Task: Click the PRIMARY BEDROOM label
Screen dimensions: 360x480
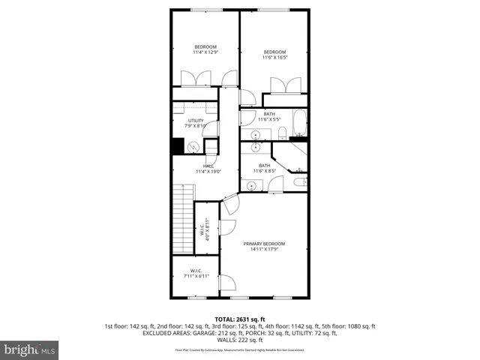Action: pyautogui.click(x=264, y=244)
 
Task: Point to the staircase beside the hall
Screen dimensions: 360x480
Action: pyautogui.click(x=181, y=221)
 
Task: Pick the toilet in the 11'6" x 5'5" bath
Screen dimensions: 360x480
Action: pyautogui.click(x=281, y=133)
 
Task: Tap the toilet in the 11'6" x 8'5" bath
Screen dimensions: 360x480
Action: pyautogui.click(x=298, y=181)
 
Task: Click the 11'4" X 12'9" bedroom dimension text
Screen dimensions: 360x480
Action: pyautogui.click(x=205, y=52)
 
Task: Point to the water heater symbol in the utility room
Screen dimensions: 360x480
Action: pyautogui.click(x=193, y=147)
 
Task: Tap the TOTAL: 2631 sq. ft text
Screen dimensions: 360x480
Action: pyautogui.click(x=240, y=319)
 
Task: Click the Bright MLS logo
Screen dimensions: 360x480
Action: pyautogui.click(x=30, y=349)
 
